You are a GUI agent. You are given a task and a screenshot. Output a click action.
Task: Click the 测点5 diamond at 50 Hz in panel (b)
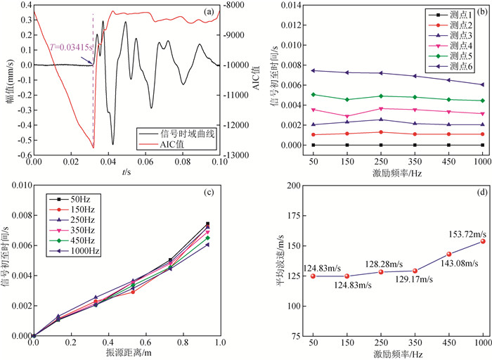[313, 94]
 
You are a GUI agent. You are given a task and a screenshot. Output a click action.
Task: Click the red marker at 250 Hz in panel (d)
[380, 272]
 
